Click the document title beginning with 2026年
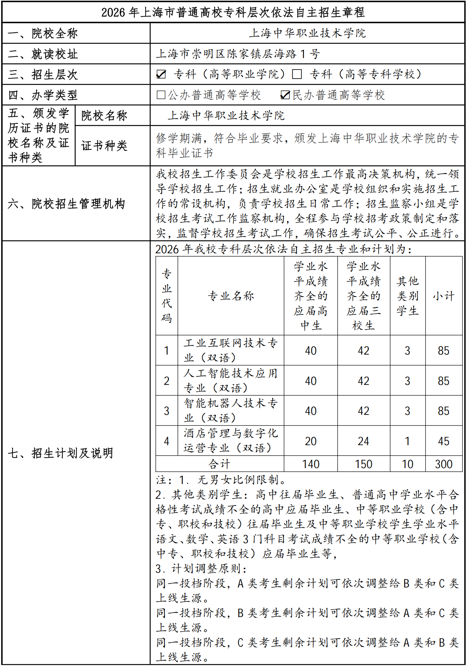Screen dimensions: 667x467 tap(233, 13)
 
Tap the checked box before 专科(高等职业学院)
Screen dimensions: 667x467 tap(161, 74)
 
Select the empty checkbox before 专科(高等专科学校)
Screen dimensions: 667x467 tap(297, 74)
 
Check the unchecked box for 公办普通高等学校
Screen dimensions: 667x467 tap(161, 95)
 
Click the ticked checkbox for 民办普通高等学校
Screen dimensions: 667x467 tap(285, 95)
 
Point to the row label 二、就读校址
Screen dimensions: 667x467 tap(43, 54)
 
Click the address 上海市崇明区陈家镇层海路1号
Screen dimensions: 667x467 tap(238, 54)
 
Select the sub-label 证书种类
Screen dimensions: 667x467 tap(104, 146)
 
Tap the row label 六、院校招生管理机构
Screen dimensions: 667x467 tap(67, 204)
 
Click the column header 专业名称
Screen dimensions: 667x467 tap(231, 296)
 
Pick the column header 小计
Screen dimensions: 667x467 tap(444, 296)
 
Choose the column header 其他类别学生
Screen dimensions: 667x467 tap(408, 296)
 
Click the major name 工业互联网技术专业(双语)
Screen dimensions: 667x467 tap(231, 351)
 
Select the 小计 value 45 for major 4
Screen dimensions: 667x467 tap(444, 441)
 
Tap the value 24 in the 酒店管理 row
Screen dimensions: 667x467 tap(364, 441)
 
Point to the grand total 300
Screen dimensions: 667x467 tap(444, 464)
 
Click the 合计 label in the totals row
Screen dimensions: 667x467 tap(219, 464)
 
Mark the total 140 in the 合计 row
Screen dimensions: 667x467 tap(311, 464)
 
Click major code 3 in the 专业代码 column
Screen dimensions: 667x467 tap(167, 411)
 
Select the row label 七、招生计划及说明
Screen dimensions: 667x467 tap(61, 453)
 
